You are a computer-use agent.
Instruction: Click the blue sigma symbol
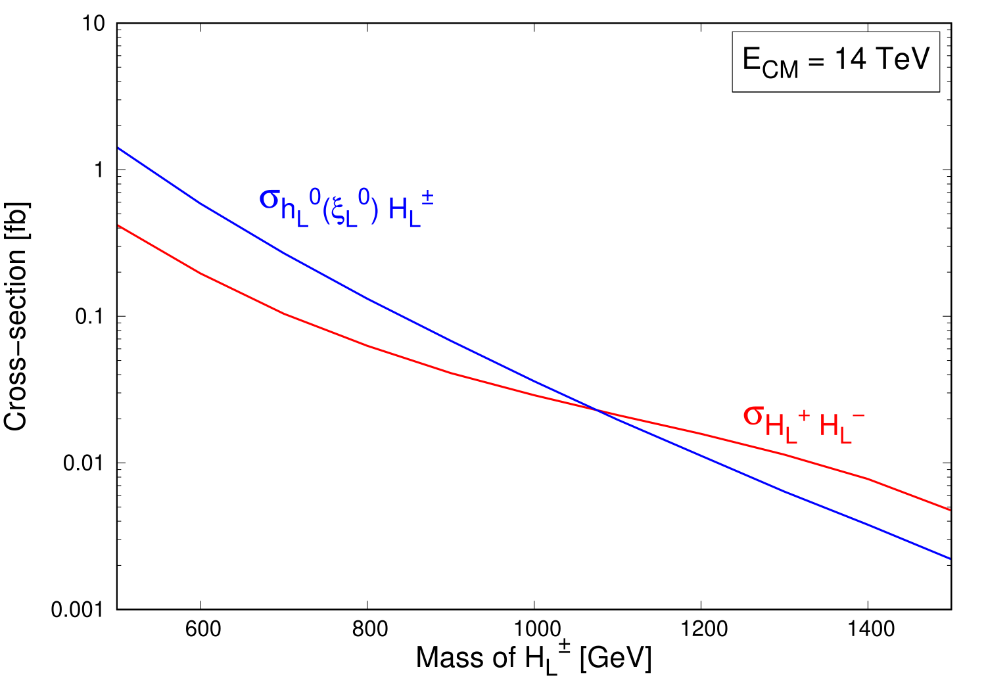[270, 200]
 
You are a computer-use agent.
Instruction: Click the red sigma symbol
[753, 416]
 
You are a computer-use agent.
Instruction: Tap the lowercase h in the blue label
[288, 210]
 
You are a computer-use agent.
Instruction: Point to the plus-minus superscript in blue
[427, 197]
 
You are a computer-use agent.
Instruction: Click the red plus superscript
[803, 415]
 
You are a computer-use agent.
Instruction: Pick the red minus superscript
[858, 415]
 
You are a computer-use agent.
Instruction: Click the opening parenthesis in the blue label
[326, 210]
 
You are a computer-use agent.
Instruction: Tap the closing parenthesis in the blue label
[375, 210]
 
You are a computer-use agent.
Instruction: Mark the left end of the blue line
[119, 149]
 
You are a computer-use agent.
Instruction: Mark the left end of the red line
[119, 226]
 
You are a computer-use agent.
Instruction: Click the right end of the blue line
[949, 559]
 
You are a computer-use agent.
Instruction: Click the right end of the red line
[949, 510]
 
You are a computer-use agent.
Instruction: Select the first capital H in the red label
[774, 426]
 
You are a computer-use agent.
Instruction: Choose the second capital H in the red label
[829, 426]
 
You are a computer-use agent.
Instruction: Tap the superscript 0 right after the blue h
[315, 196]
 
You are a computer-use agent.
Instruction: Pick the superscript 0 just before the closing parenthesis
[364, 196]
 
